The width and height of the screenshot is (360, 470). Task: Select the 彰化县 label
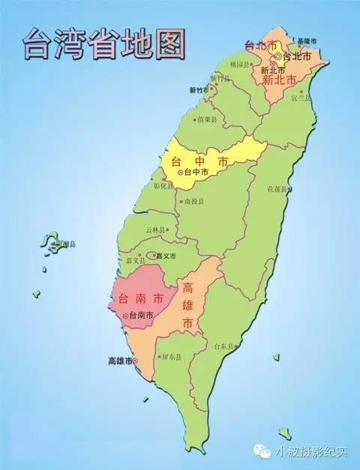pos(163,185)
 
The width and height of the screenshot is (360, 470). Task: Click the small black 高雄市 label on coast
pos(119,361)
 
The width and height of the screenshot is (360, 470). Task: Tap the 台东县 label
pos(224,347)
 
